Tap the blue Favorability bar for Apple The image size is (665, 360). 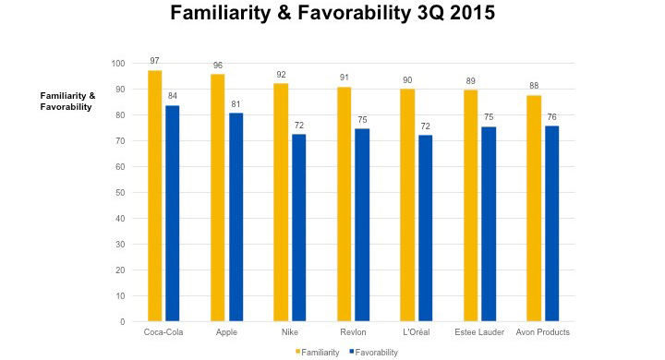point(236,217)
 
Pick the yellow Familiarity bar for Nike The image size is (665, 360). point(281,202)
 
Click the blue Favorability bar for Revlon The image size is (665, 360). point(362,225)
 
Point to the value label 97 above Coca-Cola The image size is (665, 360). point(154,61)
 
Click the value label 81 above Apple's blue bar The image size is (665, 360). point(236,103)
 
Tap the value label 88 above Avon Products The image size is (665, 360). point(534,85)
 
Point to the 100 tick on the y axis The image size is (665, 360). point(117,64)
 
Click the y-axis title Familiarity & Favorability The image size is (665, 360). point(66,102)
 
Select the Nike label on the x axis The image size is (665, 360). point(290,332)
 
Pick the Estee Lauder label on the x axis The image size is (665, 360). point(479,332)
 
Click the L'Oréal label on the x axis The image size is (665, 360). point(417,332)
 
